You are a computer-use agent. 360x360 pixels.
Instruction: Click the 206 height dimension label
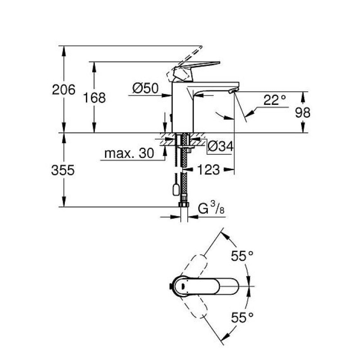pos(63,90)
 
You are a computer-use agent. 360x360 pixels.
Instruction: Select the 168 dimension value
pos(94,98)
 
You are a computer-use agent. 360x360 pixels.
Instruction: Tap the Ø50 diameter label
pos(145,88)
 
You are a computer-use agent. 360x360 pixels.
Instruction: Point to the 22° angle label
pos(274,100)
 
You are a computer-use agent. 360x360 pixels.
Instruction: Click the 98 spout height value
pos(302,112)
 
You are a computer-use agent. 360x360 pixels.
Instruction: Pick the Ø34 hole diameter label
pos(220,146)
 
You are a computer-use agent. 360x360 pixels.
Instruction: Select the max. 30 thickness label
pos(129,153)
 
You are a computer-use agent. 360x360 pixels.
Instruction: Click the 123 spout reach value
pos(208,170)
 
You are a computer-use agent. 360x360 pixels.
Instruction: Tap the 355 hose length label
pos(63,170)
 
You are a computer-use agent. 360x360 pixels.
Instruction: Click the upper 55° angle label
pos(242,256)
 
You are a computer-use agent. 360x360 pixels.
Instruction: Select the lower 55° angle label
pos(242,318)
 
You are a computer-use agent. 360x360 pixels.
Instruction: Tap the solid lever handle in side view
pos(197,67)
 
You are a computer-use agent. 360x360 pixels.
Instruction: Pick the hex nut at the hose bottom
pos(184,205)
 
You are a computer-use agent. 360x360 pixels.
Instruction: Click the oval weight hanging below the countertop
pos(176,189)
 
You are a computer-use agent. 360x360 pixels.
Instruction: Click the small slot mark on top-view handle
pos(183,286)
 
